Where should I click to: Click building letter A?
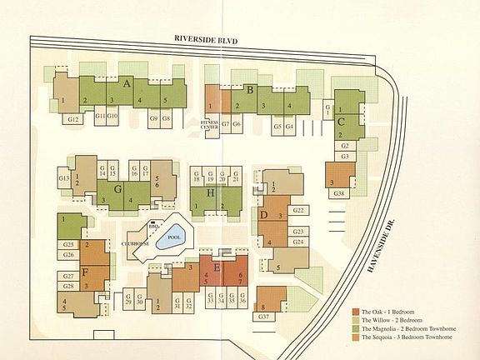[x=127, y=83]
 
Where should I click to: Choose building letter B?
[x=249, y=89]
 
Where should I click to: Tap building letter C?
[x=341, y=122]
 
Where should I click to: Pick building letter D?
[x=263, y=215]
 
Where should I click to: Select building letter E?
[x=217, y=268]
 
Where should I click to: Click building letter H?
[x=211, y=193]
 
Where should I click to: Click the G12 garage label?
[x=73, y=120]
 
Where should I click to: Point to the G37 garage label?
[x=265, y=317]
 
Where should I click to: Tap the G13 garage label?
[x=64, y=178]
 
